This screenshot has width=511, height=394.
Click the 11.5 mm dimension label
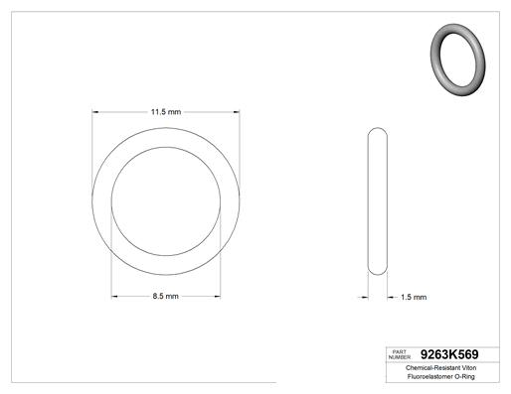166,112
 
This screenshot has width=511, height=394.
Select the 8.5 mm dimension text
166,296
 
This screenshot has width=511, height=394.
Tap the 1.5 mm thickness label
414,297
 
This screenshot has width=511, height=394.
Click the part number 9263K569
449,354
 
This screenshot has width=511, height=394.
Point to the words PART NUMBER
400,354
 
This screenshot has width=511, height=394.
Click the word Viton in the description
469,368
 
